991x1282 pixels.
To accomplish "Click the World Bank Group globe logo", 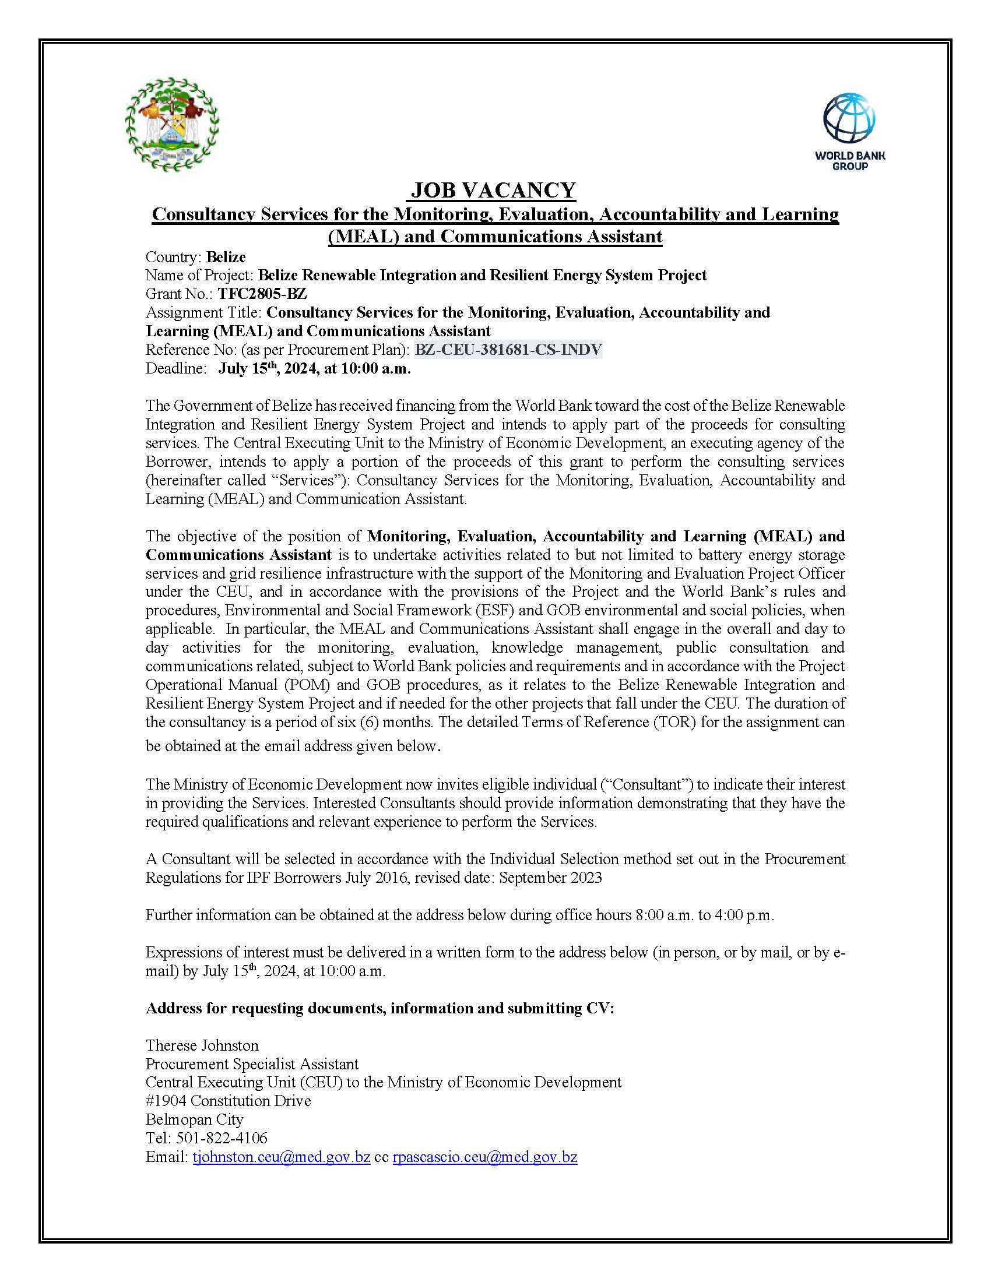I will [849, 118].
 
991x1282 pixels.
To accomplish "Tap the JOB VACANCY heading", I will [493, 190].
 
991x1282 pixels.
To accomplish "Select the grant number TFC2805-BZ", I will [262, 294].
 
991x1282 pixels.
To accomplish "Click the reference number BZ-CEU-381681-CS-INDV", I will [508, 350].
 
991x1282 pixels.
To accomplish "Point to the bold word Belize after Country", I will [226, 257].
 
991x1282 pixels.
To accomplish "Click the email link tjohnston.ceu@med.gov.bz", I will [281, 1157].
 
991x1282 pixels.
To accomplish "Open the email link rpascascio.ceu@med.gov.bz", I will [485, 1157].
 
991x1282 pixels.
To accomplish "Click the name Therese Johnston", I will [202, 1045].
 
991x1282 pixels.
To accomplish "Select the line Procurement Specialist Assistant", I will [252, 1064].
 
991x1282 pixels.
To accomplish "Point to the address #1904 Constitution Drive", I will [229, 1101].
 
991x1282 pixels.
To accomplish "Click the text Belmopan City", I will [194, 1119].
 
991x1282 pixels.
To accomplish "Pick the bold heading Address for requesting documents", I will [379, 1008].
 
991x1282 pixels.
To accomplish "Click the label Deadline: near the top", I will [176, 369].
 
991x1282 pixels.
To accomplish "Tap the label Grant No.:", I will [180, 294].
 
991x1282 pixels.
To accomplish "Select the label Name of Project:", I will [199, 275].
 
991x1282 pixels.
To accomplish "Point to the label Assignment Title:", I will [203, 312].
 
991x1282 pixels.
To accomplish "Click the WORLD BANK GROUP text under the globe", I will [849, 161].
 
